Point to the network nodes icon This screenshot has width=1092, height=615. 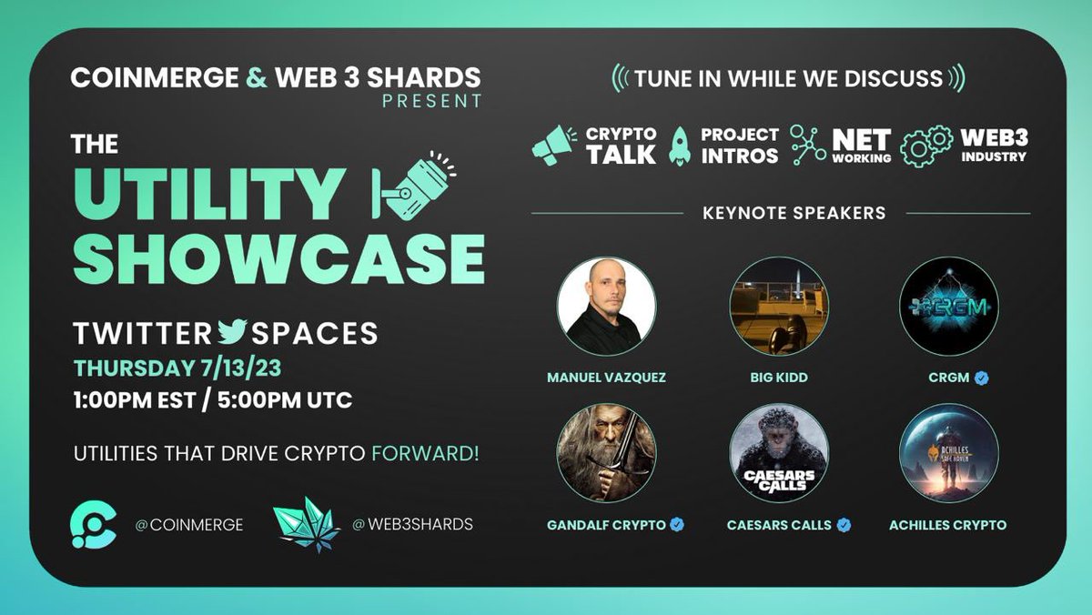click(x=807, y=146)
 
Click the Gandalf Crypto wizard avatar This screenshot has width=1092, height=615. click(x=606, y=453)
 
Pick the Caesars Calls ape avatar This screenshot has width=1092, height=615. click(x=778, y=453)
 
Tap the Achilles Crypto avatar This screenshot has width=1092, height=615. click(x=949, y=453)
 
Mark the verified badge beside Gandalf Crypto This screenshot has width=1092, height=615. click(x=677, y=525)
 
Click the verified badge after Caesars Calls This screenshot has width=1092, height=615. click(x=844, y=525)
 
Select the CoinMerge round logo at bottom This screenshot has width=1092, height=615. click(x=94, y=525)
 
